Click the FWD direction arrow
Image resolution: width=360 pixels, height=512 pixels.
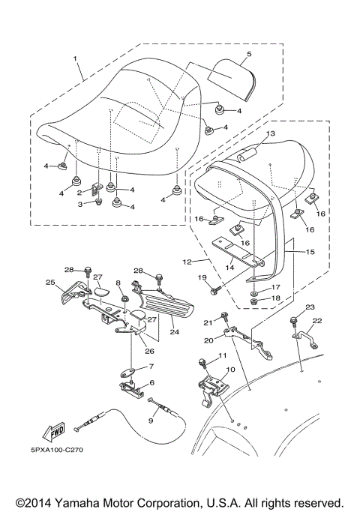pyautogui.click(x=53, y=431)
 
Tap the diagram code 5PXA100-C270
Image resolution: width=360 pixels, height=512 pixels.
pyautogui.click(x=57, y=450)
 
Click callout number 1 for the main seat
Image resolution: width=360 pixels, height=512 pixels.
pyautogui.click(x=75, y=58)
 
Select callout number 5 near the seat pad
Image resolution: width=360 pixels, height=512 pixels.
pyautogui.click(x=249, y=54)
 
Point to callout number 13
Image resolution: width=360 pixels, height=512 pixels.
pyautogui.click(x=271, y=133)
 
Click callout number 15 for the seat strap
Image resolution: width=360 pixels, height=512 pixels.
pyautogui.click(x=310, y=252)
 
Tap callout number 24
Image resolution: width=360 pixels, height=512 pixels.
pyautogui.click(x=175, y=332)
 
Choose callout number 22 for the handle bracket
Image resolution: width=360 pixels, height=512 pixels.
pyautogui.click(x=317, y=321)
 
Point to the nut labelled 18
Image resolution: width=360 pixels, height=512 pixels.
pyautogui.click(x=255, y=301)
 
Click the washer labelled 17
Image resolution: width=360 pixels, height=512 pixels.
pyautogui.click(x=255, y=292)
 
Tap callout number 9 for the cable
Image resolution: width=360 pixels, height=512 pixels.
pyautogui.click(x=151, y=421)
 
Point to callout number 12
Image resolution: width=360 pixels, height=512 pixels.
pyautogui.click(x=187, y=262)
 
